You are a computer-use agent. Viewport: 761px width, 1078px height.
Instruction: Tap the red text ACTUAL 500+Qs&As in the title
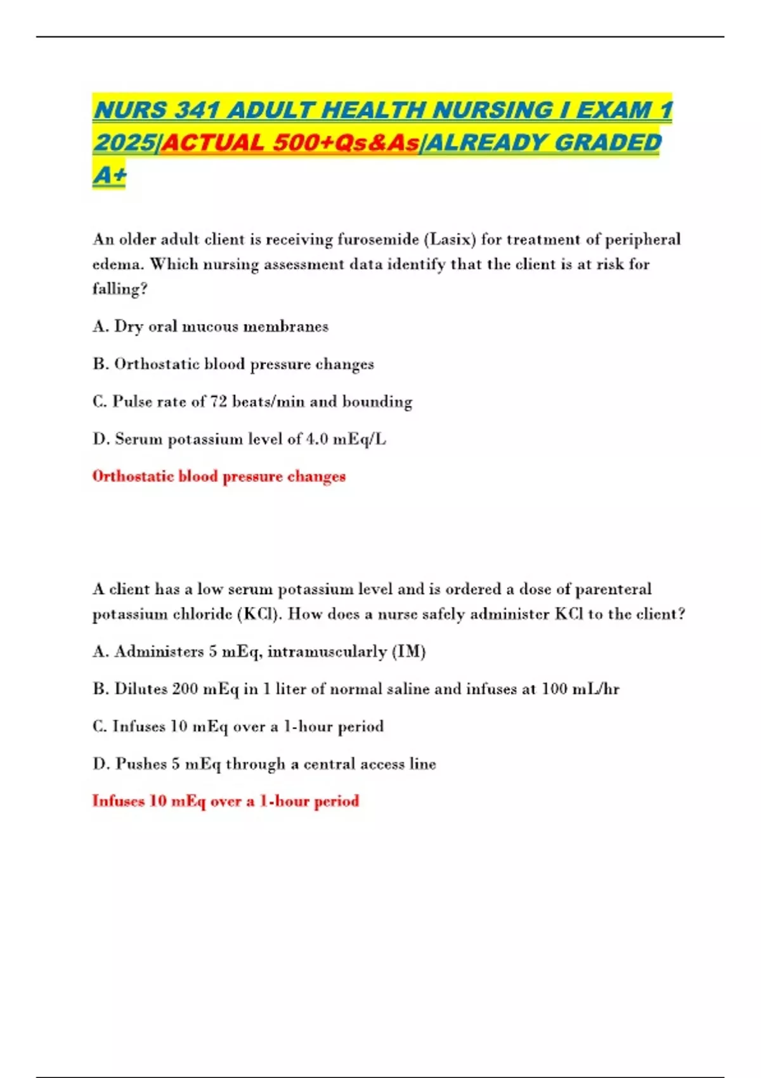(290, 143)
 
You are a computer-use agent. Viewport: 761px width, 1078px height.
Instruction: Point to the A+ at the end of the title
(109, 174)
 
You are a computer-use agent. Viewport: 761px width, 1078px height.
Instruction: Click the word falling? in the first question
(120, 289)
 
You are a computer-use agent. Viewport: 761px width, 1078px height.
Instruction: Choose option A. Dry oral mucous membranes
(211, 327)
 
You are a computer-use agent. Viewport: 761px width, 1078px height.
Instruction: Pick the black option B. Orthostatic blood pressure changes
(233, 364)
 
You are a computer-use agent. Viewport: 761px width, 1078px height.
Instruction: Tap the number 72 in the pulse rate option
(218, 401)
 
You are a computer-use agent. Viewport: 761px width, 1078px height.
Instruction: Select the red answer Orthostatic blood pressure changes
(219, 476)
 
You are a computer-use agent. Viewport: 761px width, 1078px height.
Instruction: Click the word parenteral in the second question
(613, 589)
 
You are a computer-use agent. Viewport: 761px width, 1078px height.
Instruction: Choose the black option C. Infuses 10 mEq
(238, 726)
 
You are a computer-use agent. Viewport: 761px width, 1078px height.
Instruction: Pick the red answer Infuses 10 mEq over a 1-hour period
(226, 801)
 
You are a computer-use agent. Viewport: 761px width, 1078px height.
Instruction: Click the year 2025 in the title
(124, 143)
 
